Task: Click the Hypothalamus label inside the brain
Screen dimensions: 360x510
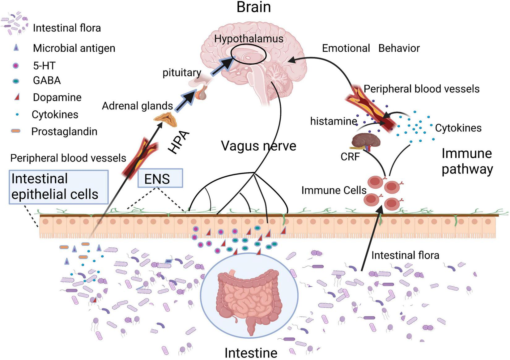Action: (249, 39)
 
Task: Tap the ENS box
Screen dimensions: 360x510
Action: (160, 178)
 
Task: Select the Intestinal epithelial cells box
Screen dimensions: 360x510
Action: (58, 187)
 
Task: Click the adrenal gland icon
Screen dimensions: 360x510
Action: (166, 119)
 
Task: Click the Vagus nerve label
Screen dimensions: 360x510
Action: (258, 146)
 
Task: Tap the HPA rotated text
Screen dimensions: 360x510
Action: (179, 143)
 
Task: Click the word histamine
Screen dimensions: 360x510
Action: (334, 121)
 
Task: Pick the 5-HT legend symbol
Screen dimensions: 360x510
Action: (15, 66)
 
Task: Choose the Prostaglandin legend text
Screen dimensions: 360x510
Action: (64, 131)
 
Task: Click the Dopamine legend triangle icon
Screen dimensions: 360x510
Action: (17, 97)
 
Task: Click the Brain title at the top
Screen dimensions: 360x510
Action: (253, 7)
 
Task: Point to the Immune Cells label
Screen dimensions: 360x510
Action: (334, 190)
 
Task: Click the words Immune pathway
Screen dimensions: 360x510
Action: (467, 161)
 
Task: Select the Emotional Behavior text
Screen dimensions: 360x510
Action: (371, 48)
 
